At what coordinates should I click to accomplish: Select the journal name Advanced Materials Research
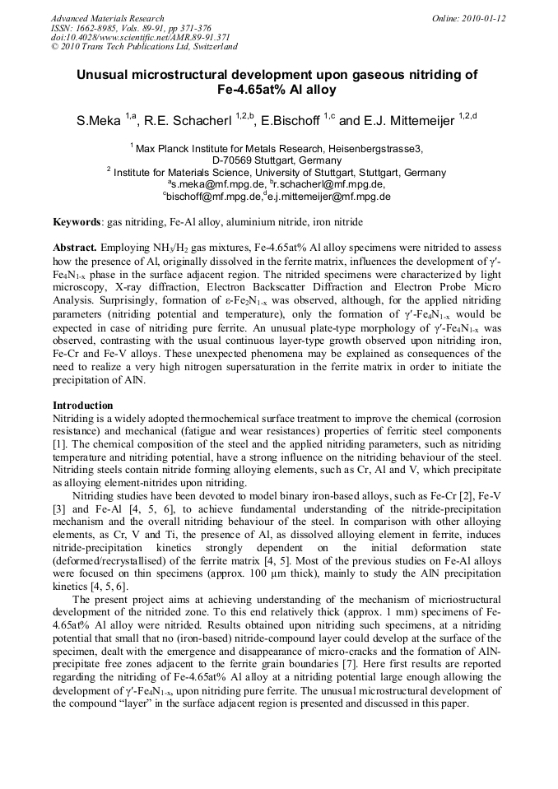[x=107, y=18]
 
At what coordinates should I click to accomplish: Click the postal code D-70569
[x=235, y=160]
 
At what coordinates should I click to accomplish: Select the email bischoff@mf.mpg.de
[x=212, y=197]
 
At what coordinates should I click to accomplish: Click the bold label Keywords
[x=77, y=222]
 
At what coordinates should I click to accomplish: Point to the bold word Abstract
[x=75, y=248]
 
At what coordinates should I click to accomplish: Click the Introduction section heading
[x=83, y=406]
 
